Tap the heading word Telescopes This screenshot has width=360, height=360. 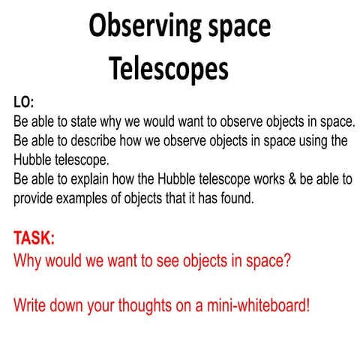coord(168,69)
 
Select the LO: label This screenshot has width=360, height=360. coord(25,101)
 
